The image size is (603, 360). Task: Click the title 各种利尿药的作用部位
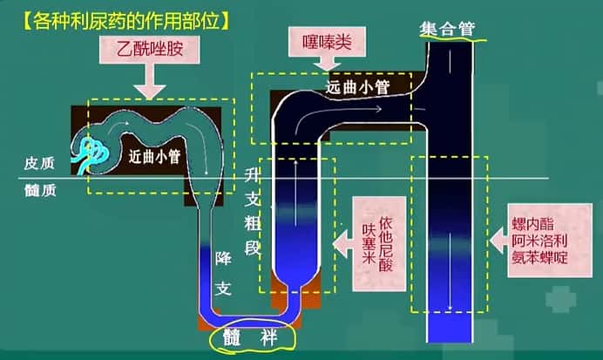click(x=119, y=17)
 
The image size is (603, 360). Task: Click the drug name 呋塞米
click(x=369, y=245)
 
